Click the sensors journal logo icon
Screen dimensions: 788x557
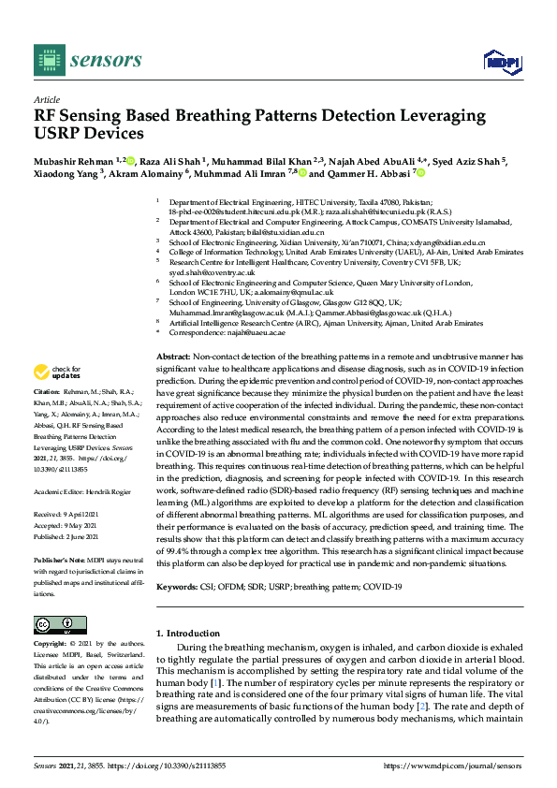[x=46, y=59]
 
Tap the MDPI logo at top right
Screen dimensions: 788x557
[x=500, y=62]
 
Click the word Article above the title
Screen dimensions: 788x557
[x=46, y=98]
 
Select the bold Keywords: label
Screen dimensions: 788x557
[x=177, y=587]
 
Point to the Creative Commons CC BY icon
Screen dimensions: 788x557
[x=53, y=625]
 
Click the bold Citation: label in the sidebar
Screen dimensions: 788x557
[x=46, y=390]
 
